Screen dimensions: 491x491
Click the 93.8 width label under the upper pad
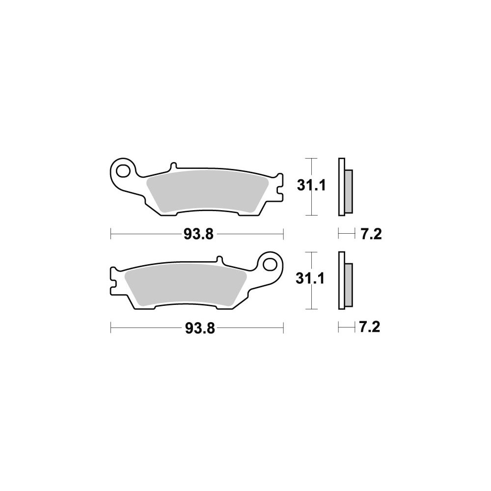[x=198, y=234]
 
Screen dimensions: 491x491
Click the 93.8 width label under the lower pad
[x=200, y=328]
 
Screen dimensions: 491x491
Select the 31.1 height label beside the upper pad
[x=311, y=186]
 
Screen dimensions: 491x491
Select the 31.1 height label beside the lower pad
[x=310, y=278]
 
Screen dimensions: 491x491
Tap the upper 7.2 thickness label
[x=371, y=234]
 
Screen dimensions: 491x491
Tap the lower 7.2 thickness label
[x=370, y=327]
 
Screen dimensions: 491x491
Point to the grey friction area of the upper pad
[x=207, y=191]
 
